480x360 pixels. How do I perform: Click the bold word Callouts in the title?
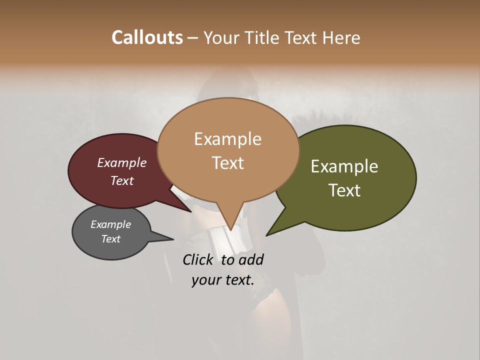(x=147, y=37)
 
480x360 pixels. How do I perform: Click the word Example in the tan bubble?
(x=227, y=139)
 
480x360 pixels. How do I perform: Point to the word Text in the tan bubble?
(x=227, y=163)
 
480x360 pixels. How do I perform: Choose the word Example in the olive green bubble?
(x=344, y=166)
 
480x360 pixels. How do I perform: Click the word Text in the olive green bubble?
(x=344, y=190)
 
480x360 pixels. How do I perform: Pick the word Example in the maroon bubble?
(x=121, y=162)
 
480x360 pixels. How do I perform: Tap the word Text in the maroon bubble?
(x=121, y=180)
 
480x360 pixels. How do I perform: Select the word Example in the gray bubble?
(x=110, y=224)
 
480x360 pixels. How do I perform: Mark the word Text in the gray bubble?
(x=110, y=239)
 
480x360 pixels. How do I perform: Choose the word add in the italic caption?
(x=251, y=259)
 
